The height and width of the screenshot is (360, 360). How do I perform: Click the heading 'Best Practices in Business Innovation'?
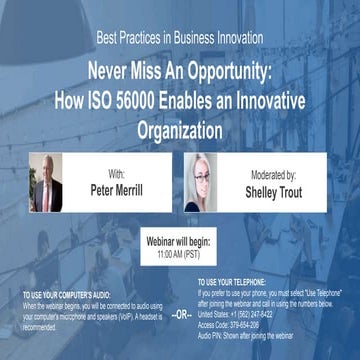[179, 39]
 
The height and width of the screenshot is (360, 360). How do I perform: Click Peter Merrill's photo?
[46, 183]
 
